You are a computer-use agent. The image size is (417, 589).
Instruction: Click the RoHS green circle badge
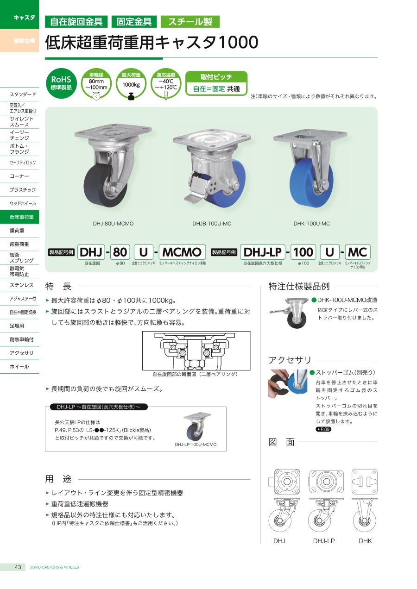point(61,83)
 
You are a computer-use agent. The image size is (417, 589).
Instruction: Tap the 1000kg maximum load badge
point(131,84)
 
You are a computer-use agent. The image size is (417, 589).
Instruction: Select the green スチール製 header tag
point(190,22)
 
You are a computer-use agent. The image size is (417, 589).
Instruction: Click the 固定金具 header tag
point(134,22)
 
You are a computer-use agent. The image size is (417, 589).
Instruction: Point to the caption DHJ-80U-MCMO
point(113,224)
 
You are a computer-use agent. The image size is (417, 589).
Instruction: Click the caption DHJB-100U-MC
point(212,224)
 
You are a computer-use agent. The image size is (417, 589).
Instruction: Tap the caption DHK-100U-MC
point(311,224)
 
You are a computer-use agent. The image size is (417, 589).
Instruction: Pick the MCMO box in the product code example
point(182,252)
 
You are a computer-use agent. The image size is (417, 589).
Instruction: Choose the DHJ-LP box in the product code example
point(263,252)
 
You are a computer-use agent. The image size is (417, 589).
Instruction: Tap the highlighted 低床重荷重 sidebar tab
point(19,217)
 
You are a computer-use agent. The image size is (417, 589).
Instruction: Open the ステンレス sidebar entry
point(22,285)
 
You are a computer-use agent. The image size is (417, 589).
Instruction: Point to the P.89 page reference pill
point(323,429)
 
